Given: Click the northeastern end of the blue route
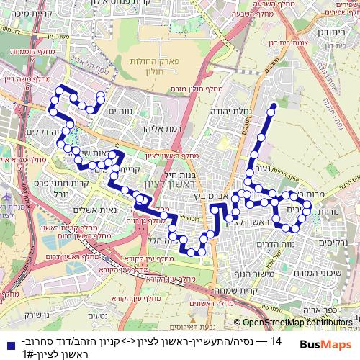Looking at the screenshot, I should [274, 108].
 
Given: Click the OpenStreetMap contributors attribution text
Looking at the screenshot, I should [297, 323].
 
